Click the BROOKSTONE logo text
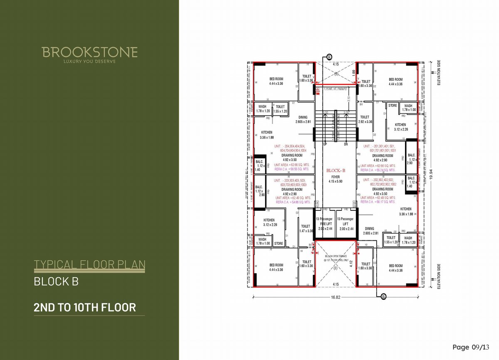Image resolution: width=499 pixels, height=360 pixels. tap(89, 52)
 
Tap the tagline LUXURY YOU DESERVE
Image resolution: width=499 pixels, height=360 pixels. tap(89, 62)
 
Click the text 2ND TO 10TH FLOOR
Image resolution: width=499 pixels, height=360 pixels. tap(85, 308)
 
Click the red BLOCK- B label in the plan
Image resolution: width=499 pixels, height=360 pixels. tap(336, 170)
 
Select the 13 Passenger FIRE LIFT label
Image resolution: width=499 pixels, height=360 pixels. tap(326, 224)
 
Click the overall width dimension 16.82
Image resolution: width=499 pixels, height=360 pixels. tap(336, 298)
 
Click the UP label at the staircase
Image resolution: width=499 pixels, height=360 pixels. tap(325, 144)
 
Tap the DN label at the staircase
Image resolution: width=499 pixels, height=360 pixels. tap(346, 144)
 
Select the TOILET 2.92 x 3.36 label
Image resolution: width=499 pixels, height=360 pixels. tap(365, 119)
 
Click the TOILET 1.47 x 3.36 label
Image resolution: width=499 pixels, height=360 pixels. tap(306, 228)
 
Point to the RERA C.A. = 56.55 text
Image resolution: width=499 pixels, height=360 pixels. tap(291, 169)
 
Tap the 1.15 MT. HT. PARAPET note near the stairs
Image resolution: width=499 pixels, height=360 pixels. tap(336, 89)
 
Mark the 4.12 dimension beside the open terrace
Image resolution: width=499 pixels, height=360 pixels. tap(352, 263)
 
